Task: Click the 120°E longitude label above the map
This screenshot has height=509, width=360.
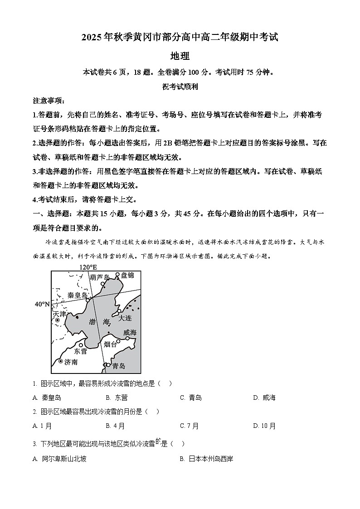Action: (x=88, y=267)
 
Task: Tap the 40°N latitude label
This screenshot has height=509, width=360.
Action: (x=42, y=304)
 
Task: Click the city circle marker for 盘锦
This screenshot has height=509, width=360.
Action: (x=117, y=275)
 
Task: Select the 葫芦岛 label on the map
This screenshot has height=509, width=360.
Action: (x=100, y=277)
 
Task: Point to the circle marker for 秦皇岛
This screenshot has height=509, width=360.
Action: (x=88, y=300)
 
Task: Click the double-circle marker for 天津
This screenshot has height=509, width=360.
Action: (x=57, y=320)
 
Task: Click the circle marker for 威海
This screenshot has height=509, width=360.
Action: (x=128, y=338)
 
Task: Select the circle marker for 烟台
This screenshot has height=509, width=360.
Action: (x=118, y=341)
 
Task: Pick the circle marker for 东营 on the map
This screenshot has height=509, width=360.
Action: (x=81, y=345)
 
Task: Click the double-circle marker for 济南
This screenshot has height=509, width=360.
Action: (x=60, y=361)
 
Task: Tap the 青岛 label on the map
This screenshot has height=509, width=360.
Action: (x=118, y=366)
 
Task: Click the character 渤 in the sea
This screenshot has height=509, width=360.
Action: (x=92, y=322)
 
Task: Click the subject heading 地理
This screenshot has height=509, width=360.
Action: (x=180, y=56)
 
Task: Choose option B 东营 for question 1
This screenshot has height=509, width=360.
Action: (x=117, y=398)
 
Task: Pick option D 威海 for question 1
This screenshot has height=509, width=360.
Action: (x=264, y=398)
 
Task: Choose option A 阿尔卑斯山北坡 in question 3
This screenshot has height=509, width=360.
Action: (x=59, y=459)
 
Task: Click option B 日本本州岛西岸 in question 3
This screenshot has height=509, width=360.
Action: (x=206, y=459)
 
